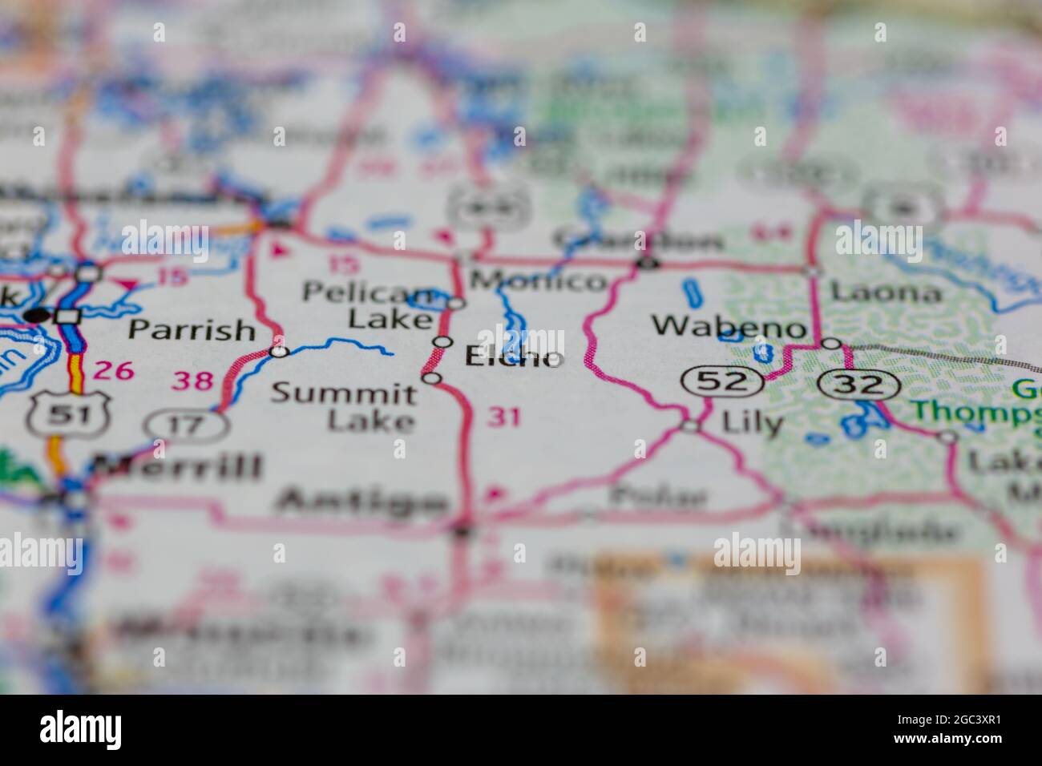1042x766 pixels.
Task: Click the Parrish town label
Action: pos(192,329)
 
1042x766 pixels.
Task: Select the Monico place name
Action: pos(538,280)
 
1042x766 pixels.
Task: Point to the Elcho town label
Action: pos(513,357)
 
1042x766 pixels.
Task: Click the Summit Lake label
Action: pos(344,406)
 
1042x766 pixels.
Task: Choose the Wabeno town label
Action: pos(728,326)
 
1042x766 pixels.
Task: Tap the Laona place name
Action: pos(886,292)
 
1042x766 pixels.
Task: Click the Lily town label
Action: pos(752,422)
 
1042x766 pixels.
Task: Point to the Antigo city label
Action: pos(361,502)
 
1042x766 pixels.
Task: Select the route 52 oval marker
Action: pos(721,382)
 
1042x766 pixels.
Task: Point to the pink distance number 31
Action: pos(503,417)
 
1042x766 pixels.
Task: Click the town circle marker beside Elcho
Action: pos(442,342)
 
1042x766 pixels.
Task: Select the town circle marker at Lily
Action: pos(690,426)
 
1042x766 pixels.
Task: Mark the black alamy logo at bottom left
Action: pos(81,730)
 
